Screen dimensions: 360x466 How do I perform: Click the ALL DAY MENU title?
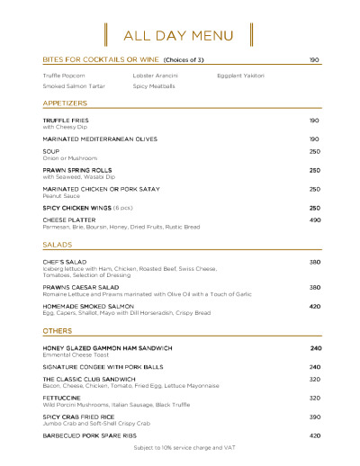(178, 36)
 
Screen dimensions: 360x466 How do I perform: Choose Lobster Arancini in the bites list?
(155, 76)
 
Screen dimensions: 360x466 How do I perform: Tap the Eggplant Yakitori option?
(240, 76)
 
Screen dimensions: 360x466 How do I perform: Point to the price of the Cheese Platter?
(315, 220)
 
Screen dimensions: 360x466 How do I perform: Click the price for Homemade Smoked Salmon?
(315, 307)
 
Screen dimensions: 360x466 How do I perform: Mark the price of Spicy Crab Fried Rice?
(315, 417)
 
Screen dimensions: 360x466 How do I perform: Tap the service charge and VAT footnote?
(178, 447)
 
